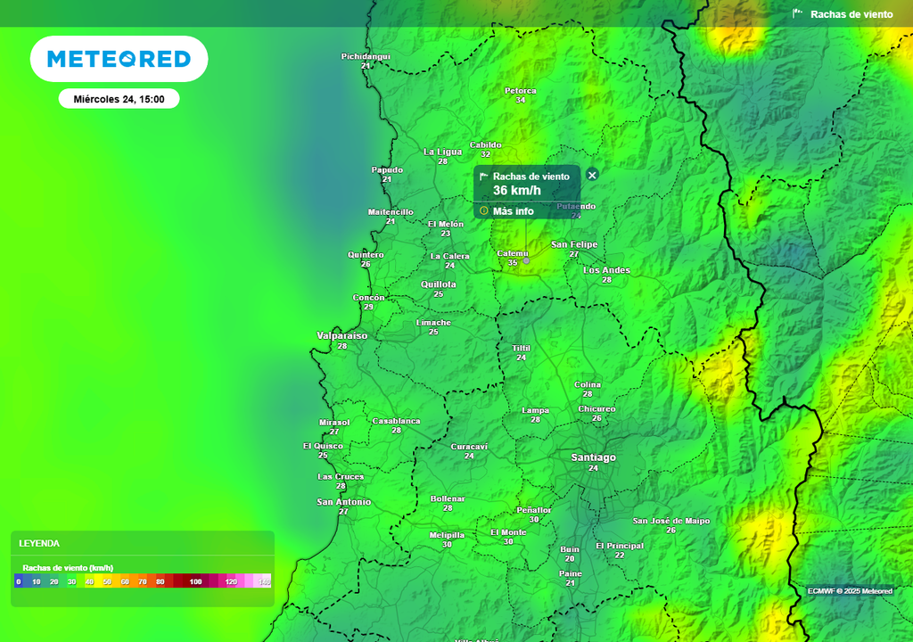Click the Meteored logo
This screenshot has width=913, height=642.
[119, 59]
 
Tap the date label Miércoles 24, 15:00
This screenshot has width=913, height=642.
[119, 99]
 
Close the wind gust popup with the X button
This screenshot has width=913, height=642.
[592, 175]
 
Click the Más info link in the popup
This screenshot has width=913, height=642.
[513, 211]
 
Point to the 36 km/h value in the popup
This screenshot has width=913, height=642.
[517, 190]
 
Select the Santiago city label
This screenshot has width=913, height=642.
[593, 457]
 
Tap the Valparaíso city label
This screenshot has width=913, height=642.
[341, 336]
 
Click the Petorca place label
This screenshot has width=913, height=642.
[521, 91]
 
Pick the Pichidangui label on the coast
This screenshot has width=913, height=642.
[366, 57]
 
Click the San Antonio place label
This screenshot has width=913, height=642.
[343, 502]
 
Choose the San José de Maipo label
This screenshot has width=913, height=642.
[670, 521]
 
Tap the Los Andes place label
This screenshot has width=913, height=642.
[606, 270]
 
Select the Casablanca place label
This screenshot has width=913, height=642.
[396, 421]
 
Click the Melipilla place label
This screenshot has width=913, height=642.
[447, 535]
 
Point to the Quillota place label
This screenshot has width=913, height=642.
[438, 284]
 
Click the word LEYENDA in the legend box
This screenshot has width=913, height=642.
[39, 543]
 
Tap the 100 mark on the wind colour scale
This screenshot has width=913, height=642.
[195, 581]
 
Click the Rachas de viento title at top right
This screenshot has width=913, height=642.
[851, 14]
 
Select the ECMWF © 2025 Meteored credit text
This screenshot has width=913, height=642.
[850, 591]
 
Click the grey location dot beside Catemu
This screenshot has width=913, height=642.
[526, 260]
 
